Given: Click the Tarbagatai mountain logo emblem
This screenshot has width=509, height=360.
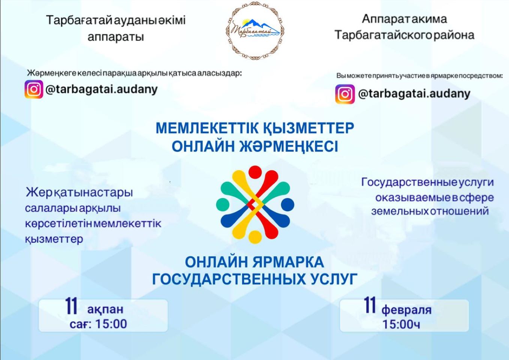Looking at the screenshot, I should coord(255,31).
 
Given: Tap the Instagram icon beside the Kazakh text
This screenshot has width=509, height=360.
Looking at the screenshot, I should coord(34,90).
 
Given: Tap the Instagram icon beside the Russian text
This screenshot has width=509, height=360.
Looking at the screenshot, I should coord(345,94).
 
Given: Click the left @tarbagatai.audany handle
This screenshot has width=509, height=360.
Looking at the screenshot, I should coord(101,90).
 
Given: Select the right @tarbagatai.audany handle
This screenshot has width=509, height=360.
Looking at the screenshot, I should coord(414,93).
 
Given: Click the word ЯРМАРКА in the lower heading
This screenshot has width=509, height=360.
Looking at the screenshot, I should coord(288,262).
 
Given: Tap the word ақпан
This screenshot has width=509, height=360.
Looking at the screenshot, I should coord(105,309).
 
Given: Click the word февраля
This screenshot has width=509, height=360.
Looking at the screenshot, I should coord(406,310).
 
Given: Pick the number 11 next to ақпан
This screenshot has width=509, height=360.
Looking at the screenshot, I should coord(71,306).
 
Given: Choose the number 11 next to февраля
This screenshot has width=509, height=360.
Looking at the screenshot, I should coord(370,305).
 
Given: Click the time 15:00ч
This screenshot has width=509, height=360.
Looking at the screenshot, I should coord(401,324).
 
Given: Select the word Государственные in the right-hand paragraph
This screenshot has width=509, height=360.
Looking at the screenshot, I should coord(408,183).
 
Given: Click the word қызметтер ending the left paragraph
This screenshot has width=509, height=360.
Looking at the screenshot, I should coord(54,239).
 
